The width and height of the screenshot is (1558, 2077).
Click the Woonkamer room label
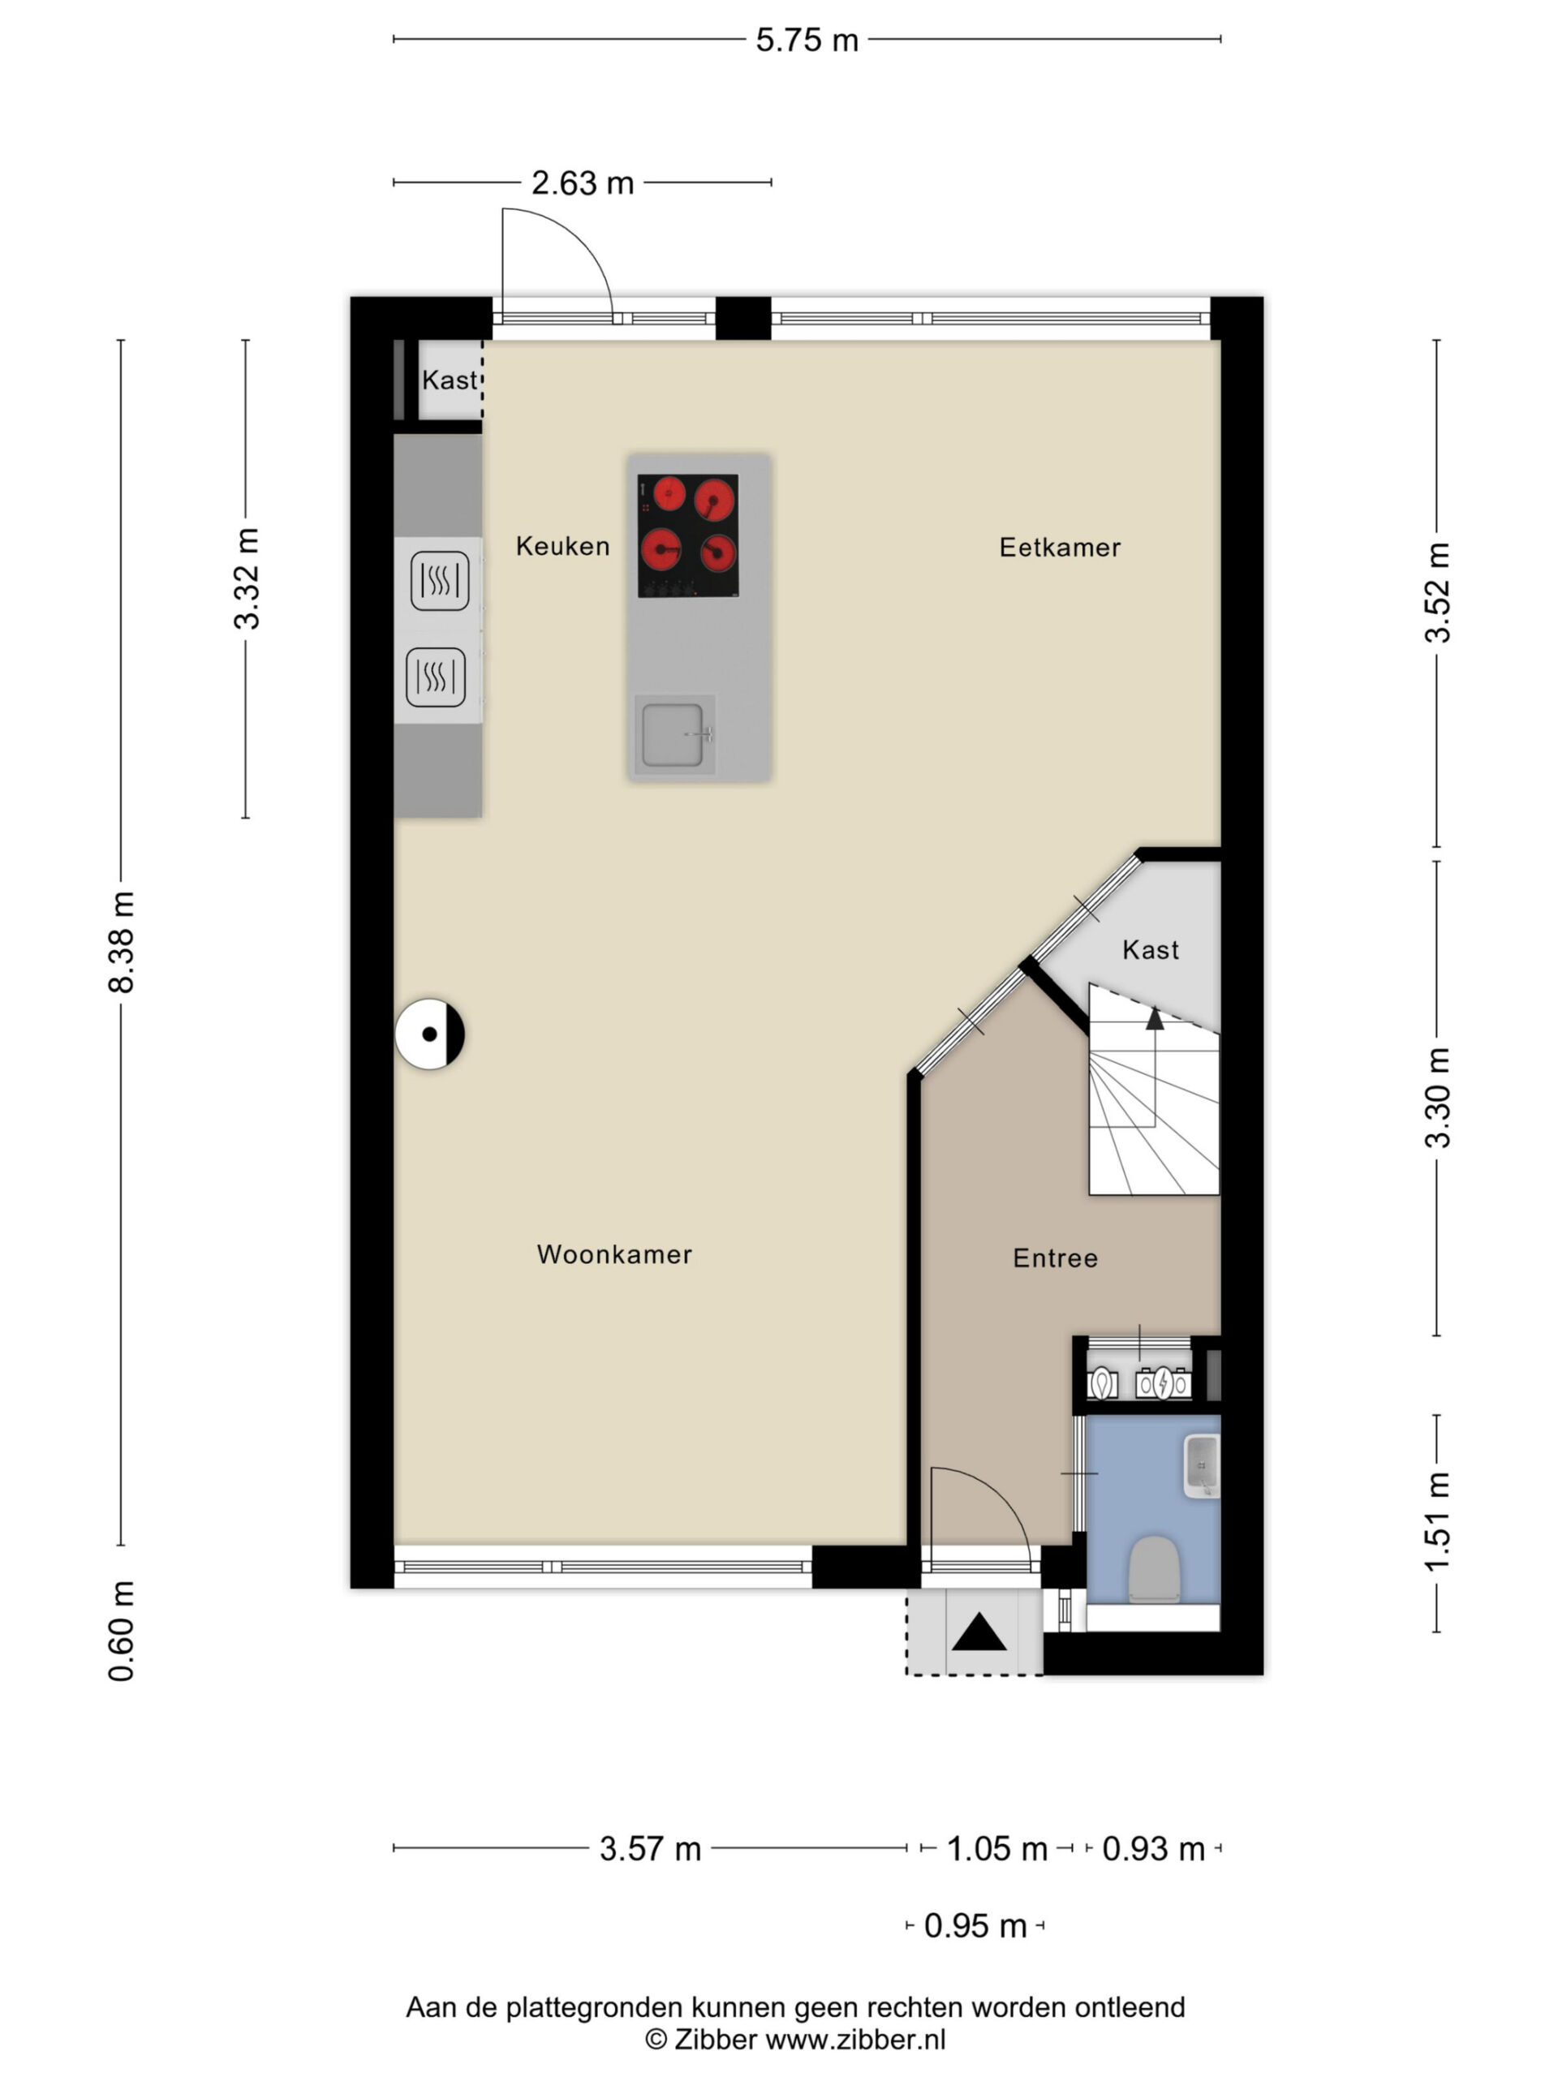[614, 1254]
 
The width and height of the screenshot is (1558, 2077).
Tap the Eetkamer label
[1059, 548]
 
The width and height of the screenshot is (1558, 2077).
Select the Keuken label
[562, 545]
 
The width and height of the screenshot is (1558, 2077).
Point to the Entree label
[1055, 1258]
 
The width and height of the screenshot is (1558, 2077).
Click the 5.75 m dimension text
[807, 41]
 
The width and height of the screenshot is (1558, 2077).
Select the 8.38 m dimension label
[122, 942]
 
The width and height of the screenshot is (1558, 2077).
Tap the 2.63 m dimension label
[583, 183]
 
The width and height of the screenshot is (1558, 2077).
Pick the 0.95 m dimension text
[975, 1926]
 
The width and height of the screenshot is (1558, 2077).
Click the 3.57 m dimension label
[650, 1849]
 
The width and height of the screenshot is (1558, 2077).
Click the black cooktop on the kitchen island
[687, 535]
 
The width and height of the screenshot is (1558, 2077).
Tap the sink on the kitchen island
[674, 734]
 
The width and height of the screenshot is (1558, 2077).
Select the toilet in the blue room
[1152, 1569]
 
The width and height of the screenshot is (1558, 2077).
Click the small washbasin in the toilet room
[1201, 1466]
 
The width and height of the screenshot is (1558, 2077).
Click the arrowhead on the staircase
[1154, 1019]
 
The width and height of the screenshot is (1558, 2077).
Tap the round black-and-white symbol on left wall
[429, 1034]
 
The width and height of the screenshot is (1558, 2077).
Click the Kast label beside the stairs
[1151, 950]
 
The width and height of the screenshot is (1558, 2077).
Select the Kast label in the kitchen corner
[450, 381]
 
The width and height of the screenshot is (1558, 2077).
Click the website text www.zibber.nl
[855, 2040]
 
